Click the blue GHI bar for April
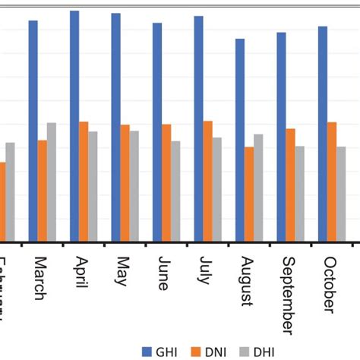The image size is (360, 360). [74, 126]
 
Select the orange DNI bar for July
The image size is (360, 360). [207, 181]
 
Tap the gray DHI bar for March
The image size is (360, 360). [52, 182]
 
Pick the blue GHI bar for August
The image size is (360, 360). [240, 140]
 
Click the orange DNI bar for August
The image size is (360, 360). [249, 194]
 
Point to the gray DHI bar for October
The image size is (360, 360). [341, 194]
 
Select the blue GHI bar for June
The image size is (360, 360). [157, 132]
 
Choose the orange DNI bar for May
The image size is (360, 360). [125, 183]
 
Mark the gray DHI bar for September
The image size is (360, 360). [300, 193]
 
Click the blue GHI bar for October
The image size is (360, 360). [323, 134]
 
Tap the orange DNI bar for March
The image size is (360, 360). [43, 191]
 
